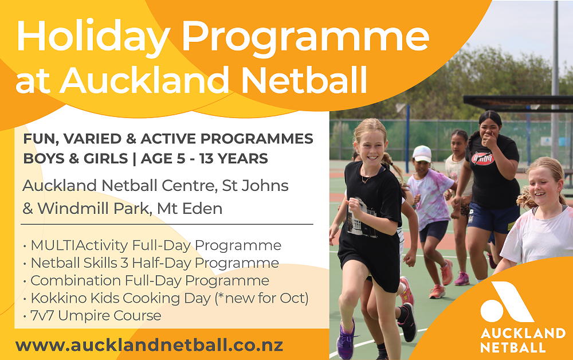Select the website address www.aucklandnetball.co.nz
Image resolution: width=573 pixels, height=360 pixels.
tap(149, 345)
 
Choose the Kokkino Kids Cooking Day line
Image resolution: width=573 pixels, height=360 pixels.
tap(166, 298)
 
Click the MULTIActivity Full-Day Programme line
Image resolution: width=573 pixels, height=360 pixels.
tap(152, 245)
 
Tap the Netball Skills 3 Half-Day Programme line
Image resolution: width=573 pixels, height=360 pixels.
tap(151, 263)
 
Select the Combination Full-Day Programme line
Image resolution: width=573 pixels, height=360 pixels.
tap(146, 281)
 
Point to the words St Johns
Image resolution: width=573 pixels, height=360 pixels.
tap(256, 186)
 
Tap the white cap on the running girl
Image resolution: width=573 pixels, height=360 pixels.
tap(422, 154)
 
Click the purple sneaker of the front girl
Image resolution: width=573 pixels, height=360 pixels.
tap(346, 340)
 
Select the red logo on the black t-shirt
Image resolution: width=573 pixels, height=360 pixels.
tap(483, 159)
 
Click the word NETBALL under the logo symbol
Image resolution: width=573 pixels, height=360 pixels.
tap(513, 347)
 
